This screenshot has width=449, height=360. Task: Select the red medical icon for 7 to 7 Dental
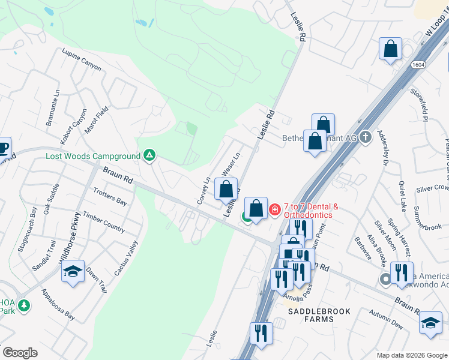point(275,209)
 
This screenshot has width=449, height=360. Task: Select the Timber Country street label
point(104,222)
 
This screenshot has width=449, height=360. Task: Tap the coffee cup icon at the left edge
point(3,147)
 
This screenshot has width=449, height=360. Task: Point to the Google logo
point(20,353)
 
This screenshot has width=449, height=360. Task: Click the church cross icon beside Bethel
point(365,137)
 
